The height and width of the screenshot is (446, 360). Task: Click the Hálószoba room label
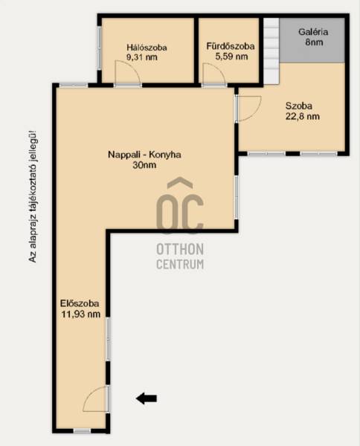(147, 48)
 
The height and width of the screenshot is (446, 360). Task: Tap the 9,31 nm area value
(142, 57)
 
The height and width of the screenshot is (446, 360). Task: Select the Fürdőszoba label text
(231, 46)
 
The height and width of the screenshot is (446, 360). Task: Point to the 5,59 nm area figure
(231, 56)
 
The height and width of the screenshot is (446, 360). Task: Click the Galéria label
(313, 32)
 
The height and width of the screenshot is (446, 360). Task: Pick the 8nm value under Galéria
(314, 42)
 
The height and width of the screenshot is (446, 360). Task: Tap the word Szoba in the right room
(299, 106)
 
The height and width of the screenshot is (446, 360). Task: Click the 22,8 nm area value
(303, 117)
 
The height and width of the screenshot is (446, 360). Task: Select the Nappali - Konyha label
(144, 155)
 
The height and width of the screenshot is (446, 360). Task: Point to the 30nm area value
(144, 165)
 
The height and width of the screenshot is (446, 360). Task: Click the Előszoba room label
(80, 303)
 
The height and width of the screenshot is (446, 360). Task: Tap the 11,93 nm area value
(81, 314)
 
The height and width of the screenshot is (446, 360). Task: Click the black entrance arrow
(147, 398)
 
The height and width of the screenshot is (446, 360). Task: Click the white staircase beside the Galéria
(271, 51)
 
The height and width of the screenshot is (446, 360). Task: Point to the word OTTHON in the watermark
(180, 250)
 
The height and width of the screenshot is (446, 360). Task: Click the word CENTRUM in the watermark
(180, 264)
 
